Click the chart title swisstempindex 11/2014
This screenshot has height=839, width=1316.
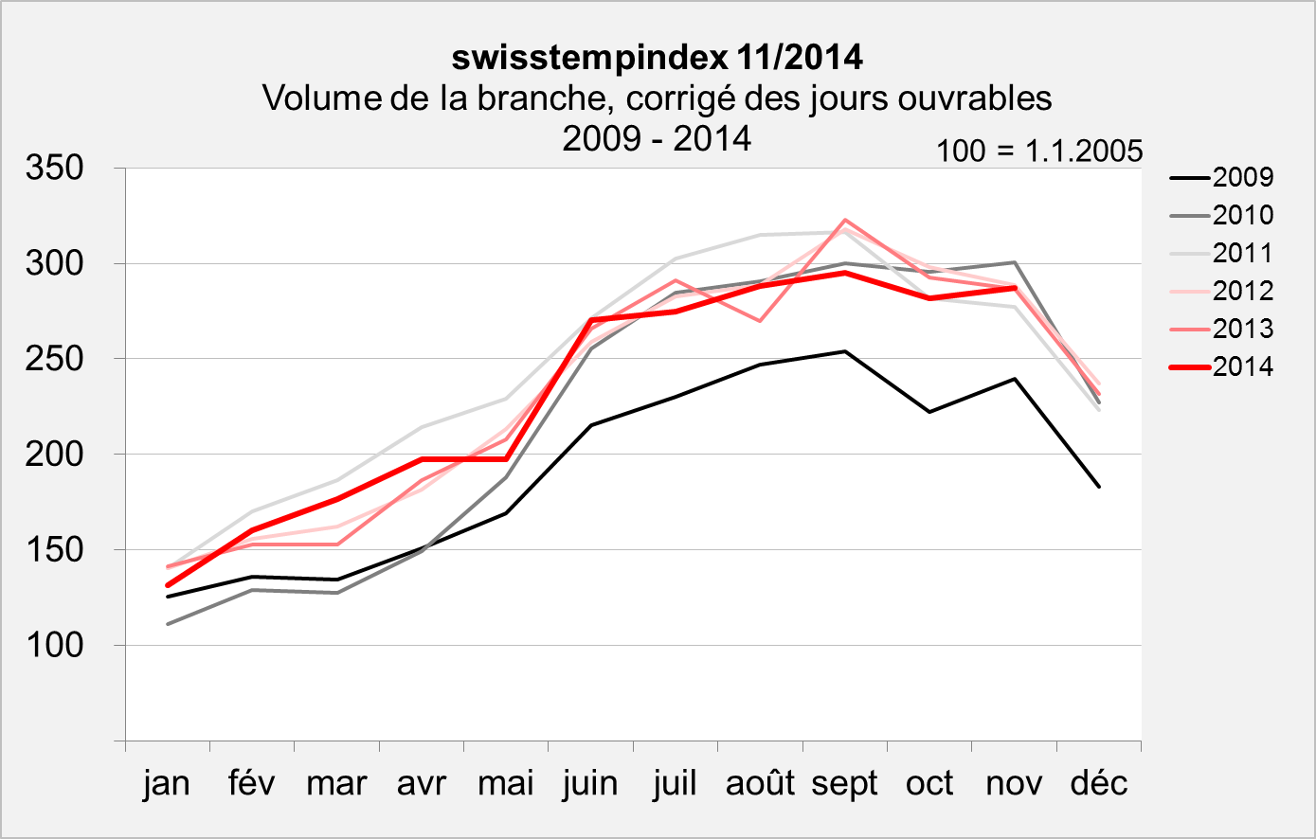[x=657, y=58]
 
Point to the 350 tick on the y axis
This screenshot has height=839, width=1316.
[x=56, y=169]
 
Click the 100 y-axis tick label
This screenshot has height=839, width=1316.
[x=56, y=645]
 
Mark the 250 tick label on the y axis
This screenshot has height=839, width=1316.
[x=56, y=359]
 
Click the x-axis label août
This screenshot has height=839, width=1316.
[x=760, y=783]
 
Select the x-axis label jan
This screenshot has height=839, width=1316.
[x=167, y=783]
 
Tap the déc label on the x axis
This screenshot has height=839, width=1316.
[x=1099, y=783]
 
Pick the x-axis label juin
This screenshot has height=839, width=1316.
[x=590, y=783]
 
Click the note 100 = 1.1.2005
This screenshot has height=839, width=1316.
[x=1039, y=152]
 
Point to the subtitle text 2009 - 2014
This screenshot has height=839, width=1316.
[x=657, y=138]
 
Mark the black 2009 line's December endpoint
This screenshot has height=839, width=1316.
[x=1099, y=487]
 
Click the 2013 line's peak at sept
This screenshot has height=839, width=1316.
[x=844, y=220]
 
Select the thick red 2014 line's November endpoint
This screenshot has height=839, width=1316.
[x=1015, y=288]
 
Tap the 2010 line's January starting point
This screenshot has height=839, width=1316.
[x=167, y=624]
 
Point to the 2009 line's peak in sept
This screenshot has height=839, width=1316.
[x=844, y=351]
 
